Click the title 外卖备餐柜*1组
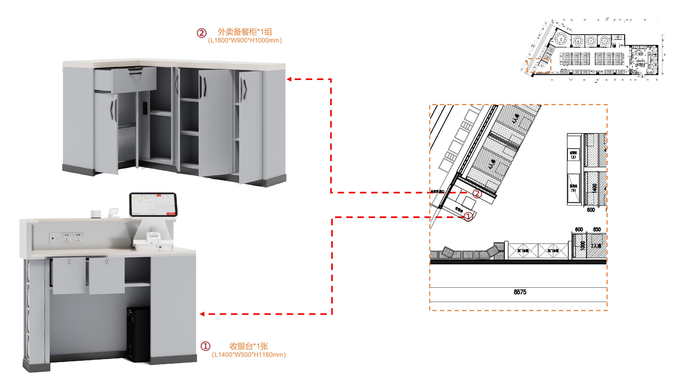click(245, 32)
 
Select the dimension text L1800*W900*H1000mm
click(245, 41)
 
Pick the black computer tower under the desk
click(138, 334)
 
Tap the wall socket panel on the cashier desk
click(67, 238)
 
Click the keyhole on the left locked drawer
click(70, 261)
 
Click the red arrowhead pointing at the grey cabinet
click(289, 79)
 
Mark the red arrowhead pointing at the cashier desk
click(202, 314)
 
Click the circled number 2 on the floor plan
click(477, 194)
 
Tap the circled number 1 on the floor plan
click(468, 217)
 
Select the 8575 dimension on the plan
click(520, 292)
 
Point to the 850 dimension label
click(597, 229)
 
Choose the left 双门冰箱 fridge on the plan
click(523, 251)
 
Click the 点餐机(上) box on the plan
click(573, 154)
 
